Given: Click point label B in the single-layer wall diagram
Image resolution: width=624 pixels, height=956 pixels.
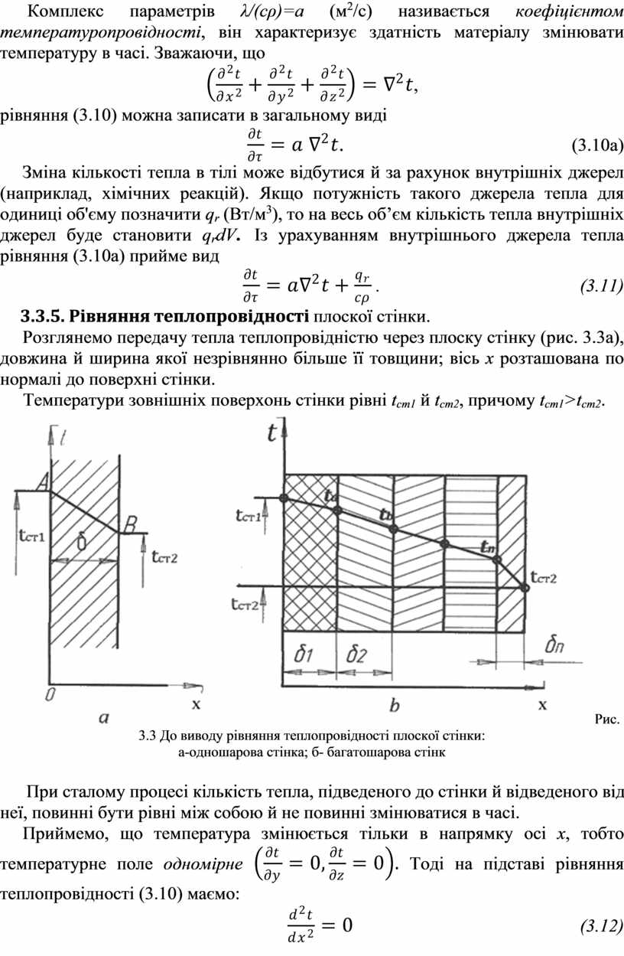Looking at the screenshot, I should [x=131, y=524].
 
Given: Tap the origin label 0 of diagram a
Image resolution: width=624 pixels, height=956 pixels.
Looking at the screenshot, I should [x=50, y=694].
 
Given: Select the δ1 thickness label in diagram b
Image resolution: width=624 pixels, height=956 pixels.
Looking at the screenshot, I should [x=304, y=654].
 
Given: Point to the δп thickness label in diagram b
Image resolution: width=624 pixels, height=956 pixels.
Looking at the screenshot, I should [x=556, y=647].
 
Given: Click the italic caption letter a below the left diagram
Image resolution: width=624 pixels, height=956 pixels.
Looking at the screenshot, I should [x=105, y=717].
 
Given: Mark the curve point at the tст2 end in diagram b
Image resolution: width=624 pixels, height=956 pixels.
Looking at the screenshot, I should [x=525, y=588].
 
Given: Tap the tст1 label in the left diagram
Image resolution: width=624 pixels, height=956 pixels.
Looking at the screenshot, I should [x=31, y=537].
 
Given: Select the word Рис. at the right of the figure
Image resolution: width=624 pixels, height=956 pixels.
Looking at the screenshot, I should [x=607, y=719].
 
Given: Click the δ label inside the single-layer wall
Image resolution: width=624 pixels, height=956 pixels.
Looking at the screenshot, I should [x=83, y=540].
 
